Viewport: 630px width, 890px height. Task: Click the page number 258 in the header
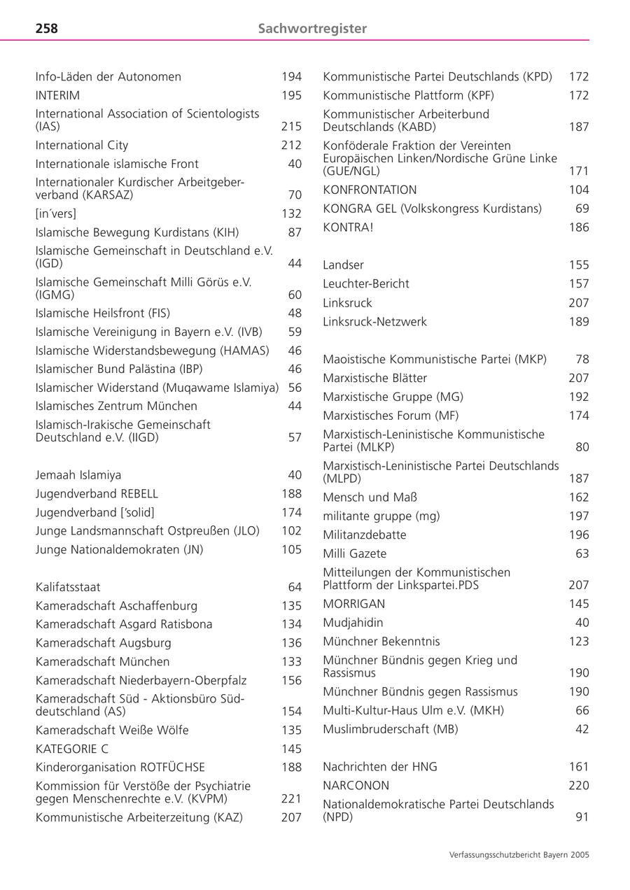(47, 29)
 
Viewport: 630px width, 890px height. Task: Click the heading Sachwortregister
(312, 29)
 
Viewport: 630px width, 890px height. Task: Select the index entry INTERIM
(57, 95)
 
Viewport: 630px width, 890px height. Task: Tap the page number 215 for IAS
(291, 127)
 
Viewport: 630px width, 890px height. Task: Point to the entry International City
(82, 146)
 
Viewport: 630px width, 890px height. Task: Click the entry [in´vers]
(56, 213)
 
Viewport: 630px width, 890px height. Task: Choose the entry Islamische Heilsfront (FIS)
(103, 313)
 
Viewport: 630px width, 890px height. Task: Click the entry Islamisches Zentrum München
(116, 406)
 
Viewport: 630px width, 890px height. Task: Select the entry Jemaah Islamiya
(78, 475)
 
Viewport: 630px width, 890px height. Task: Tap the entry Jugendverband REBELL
(97, 494)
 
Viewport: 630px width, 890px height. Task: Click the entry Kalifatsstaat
(68, 587)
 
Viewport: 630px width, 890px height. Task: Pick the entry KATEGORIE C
(72, 749)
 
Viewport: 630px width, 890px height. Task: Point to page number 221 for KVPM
(291, 798)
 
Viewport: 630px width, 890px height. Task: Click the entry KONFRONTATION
(370, 190)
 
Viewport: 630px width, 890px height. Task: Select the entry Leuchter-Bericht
(366, 283)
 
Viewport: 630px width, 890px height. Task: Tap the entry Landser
(343, 265)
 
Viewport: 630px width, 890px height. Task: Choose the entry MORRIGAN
(354, 604)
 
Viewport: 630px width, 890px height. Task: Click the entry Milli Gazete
(354, 553)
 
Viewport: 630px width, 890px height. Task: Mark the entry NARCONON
(356, 786)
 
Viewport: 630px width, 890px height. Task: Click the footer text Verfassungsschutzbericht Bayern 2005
(519, 854)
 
